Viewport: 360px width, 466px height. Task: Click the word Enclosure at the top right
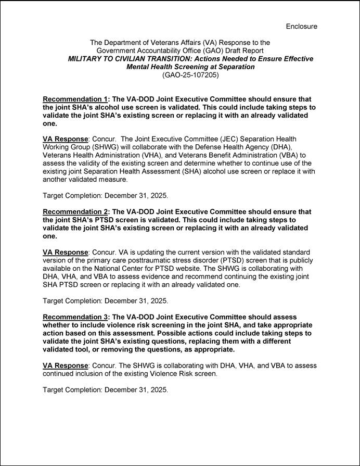click(x=301, y=26)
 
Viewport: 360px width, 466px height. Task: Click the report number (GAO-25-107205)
click(x=191, y=75)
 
